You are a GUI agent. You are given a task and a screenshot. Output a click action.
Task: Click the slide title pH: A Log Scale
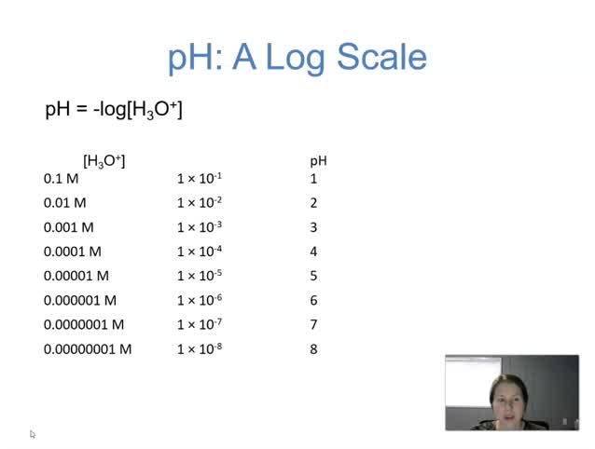click(x=297, y=58)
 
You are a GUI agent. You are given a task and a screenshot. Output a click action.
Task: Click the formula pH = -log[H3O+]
click(x=114, y=110)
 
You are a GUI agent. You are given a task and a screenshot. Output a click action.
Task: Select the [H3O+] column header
click(x=104, y=161)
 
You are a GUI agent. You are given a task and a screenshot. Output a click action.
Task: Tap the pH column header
click(x=318, y=161)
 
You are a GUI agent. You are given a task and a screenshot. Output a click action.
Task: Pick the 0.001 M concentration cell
click(x=69, y=226)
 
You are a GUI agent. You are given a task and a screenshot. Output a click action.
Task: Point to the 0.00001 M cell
click(x=76, y=276)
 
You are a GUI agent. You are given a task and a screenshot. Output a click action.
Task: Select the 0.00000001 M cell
click(x=88, y=348)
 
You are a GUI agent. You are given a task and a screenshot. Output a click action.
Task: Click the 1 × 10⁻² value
click(x=200, y=202)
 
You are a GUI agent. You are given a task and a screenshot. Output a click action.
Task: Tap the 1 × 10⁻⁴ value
click(x=200, y=251)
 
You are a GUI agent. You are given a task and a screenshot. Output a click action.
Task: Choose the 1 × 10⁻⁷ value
click(x=200, y=324)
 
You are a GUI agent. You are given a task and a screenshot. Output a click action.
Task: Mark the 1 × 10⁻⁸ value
click(x=200, y=348)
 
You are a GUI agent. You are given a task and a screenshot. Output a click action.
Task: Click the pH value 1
click(x=313, y=178)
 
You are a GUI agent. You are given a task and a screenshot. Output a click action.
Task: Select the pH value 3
click(x=313, y=226)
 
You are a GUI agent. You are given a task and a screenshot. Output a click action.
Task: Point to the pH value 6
click(x=313, y=300)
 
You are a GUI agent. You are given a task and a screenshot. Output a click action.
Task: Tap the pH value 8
click(x=313, y=348)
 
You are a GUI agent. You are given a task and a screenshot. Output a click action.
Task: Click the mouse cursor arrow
click(x=33, y=434)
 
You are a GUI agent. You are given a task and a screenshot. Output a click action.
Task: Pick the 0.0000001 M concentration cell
click(x=84, y=324)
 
